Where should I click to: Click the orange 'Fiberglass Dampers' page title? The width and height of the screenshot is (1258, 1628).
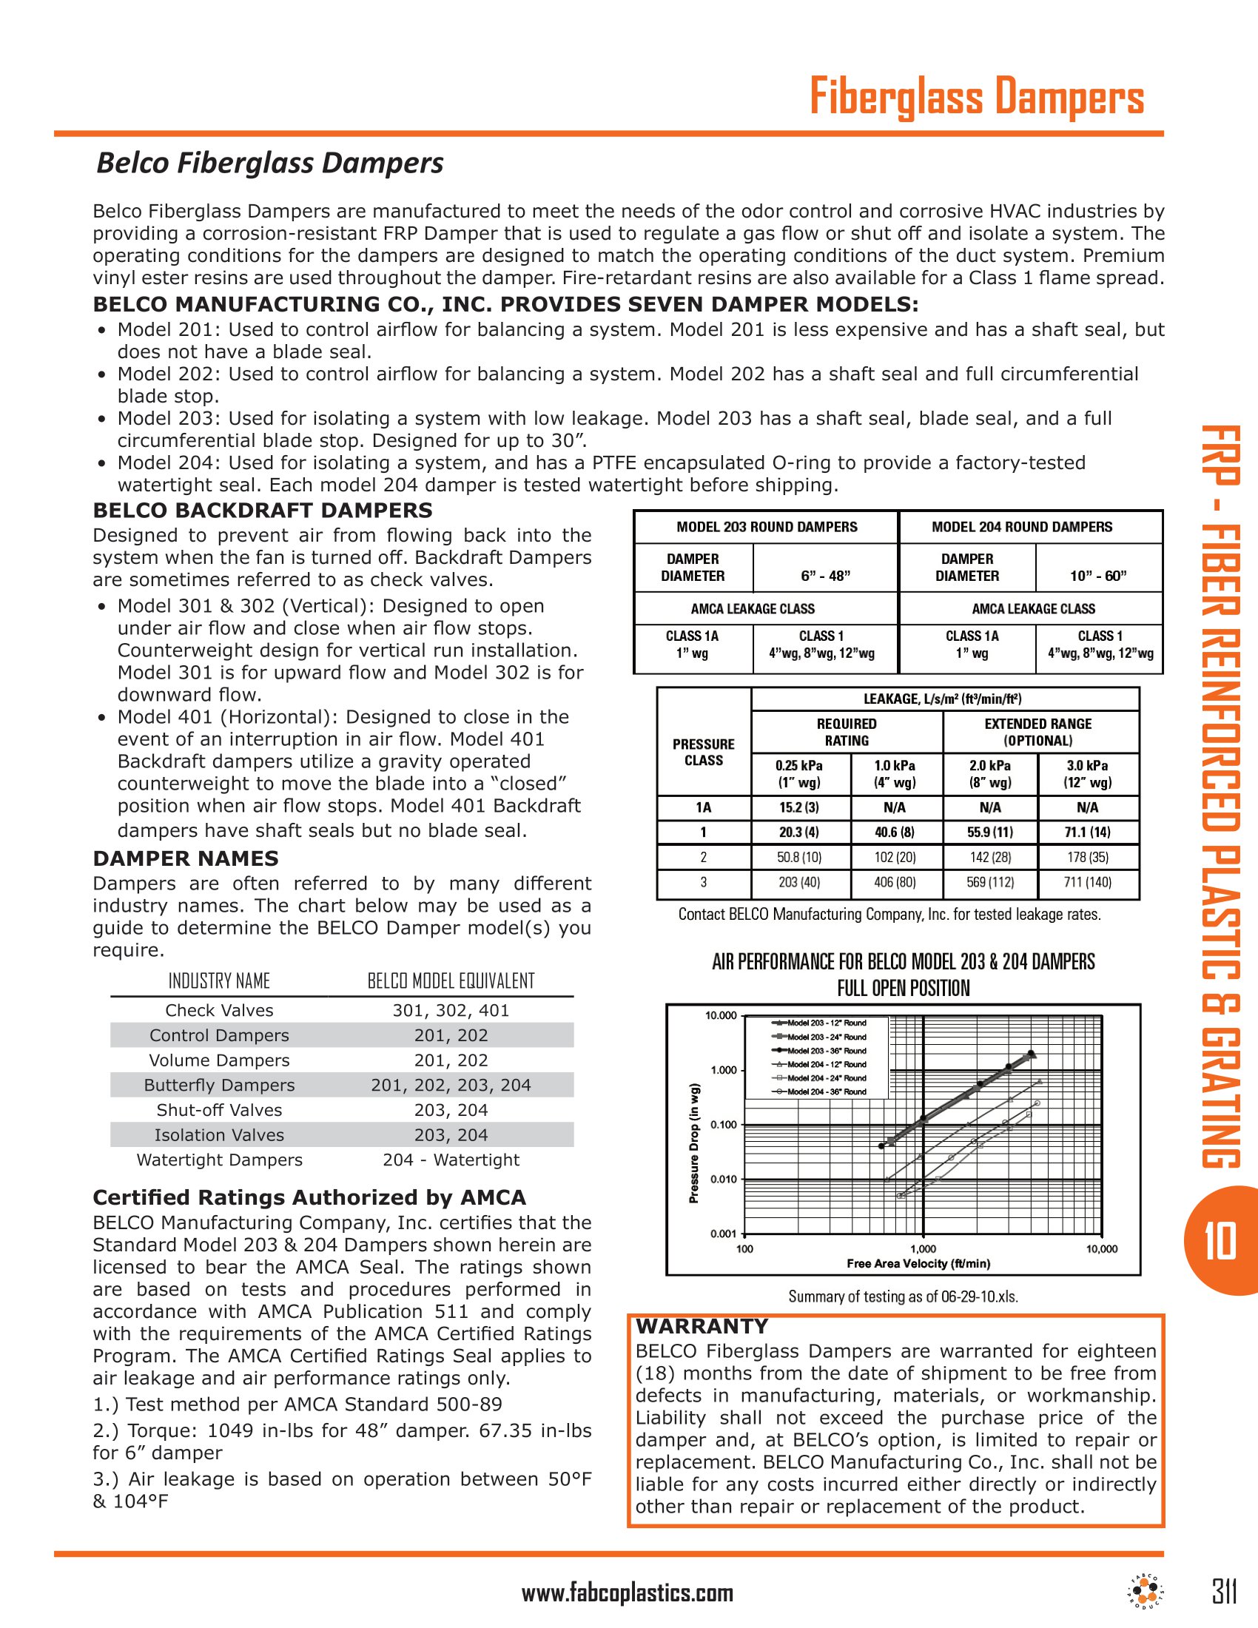[x=976, y=98]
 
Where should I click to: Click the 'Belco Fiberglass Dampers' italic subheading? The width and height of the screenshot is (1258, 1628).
[x=270, y=164]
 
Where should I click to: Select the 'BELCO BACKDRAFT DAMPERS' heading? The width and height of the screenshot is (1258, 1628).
[x=263, y=511]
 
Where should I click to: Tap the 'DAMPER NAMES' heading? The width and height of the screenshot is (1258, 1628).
[x=186, y=858]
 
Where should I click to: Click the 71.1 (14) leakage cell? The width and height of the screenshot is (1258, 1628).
[x=1087, y=832]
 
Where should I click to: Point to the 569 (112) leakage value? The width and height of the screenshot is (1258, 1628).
[x=989, y=883]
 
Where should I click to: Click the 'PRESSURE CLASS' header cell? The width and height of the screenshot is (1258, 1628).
[x=703, y=752]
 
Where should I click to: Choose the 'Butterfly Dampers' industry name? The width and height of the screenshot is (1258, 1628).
[x=219, y=1086]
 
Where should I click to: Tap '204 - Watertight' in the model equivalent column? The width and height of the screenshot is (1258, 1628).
[x=451, y=1160]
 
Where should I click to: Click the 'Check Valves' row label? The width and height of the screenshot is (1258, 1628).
[x=219, y=1011]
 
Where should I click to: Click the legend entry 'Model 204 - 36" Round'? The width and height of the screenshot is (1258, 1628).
[x=826, y=1092]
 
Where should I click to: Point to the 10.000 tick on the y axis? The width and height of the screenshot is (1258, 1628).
[x=721, y=1015]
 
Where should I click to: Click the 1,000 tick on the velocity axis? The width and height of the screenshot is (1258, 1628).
[x=923, y=1248]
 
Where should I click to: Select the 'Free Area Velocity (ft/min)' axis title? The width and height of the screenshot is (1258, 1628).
[x=918, y=1263]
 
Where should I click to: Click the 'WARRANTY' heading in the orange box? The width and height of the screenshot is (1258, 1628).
[x=702, y=1326]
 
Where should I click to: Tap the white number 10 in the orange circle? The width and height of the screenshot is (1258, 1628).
[x=1220, y=1241]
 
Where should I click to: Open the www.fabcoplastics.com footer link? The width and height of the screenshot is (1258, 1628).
[x=628, y=1594]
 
